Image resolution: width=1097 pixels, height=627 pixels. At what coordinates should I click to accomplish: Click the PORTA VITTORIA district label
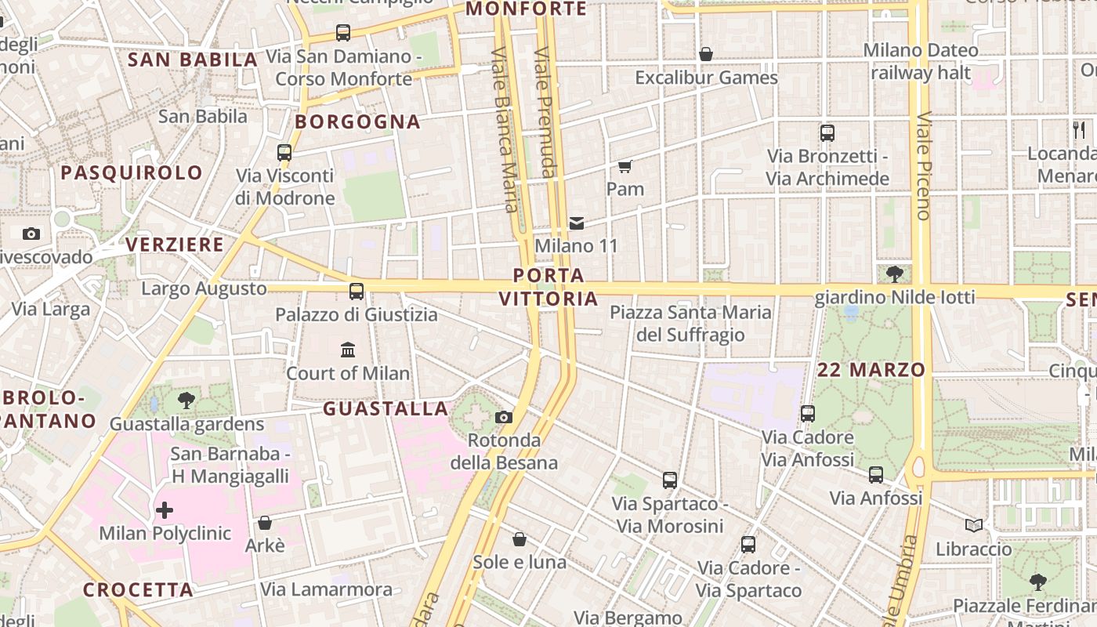548,287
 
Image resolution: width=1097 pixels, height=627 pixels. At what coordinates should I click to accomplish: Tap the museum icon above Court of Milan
348,350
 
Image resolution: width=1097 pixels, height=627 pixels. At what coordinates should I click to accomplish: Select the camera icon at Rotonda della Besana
504,417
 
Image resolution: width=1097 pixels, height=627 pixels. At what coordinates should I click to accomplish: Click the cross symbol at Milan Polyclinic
165,511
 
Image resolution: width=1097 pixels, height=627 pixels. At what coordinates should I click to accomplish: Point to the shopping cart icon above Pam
625,166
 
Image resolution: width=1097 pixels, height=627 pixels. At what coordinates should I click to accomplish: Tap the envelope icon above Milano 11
577,223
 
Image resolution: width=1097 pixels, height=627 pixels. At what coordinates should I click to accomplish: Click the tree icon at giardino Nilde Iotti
894,274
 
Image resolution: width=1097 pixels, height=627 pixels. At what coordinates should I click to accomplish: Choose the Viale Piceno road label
924,167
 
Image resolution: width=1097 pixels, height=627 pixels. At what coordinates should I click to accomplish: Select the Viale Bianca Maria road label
504,129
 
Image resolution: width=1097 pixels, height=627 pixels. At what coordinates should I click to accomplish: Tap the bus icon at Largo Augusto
357,292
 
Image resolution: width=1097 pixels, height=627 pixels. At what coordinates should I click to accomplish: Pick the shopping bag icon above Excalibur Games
706,54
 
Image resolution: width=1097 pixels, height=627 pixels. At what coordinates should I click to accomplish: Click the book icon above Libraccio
974,525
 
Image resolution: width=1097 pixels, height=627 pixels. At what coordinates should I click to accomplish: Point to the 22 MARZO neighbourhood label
871,370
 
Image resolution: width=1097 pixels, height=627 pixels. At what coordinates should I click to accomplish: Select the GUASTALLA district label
386,408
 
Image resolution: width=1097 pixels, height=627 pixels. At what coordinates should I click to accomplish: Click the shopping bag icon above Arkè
265,523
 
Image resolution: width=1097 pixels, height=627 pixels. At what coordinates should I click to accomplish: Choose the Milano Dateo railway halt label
921,62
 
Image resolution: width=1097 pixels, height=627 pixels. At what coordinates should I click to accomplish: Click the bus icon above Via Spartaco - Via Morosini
670,480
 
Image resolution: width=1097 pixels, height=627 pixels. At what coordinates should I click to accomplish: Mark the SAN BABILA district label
193,60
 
